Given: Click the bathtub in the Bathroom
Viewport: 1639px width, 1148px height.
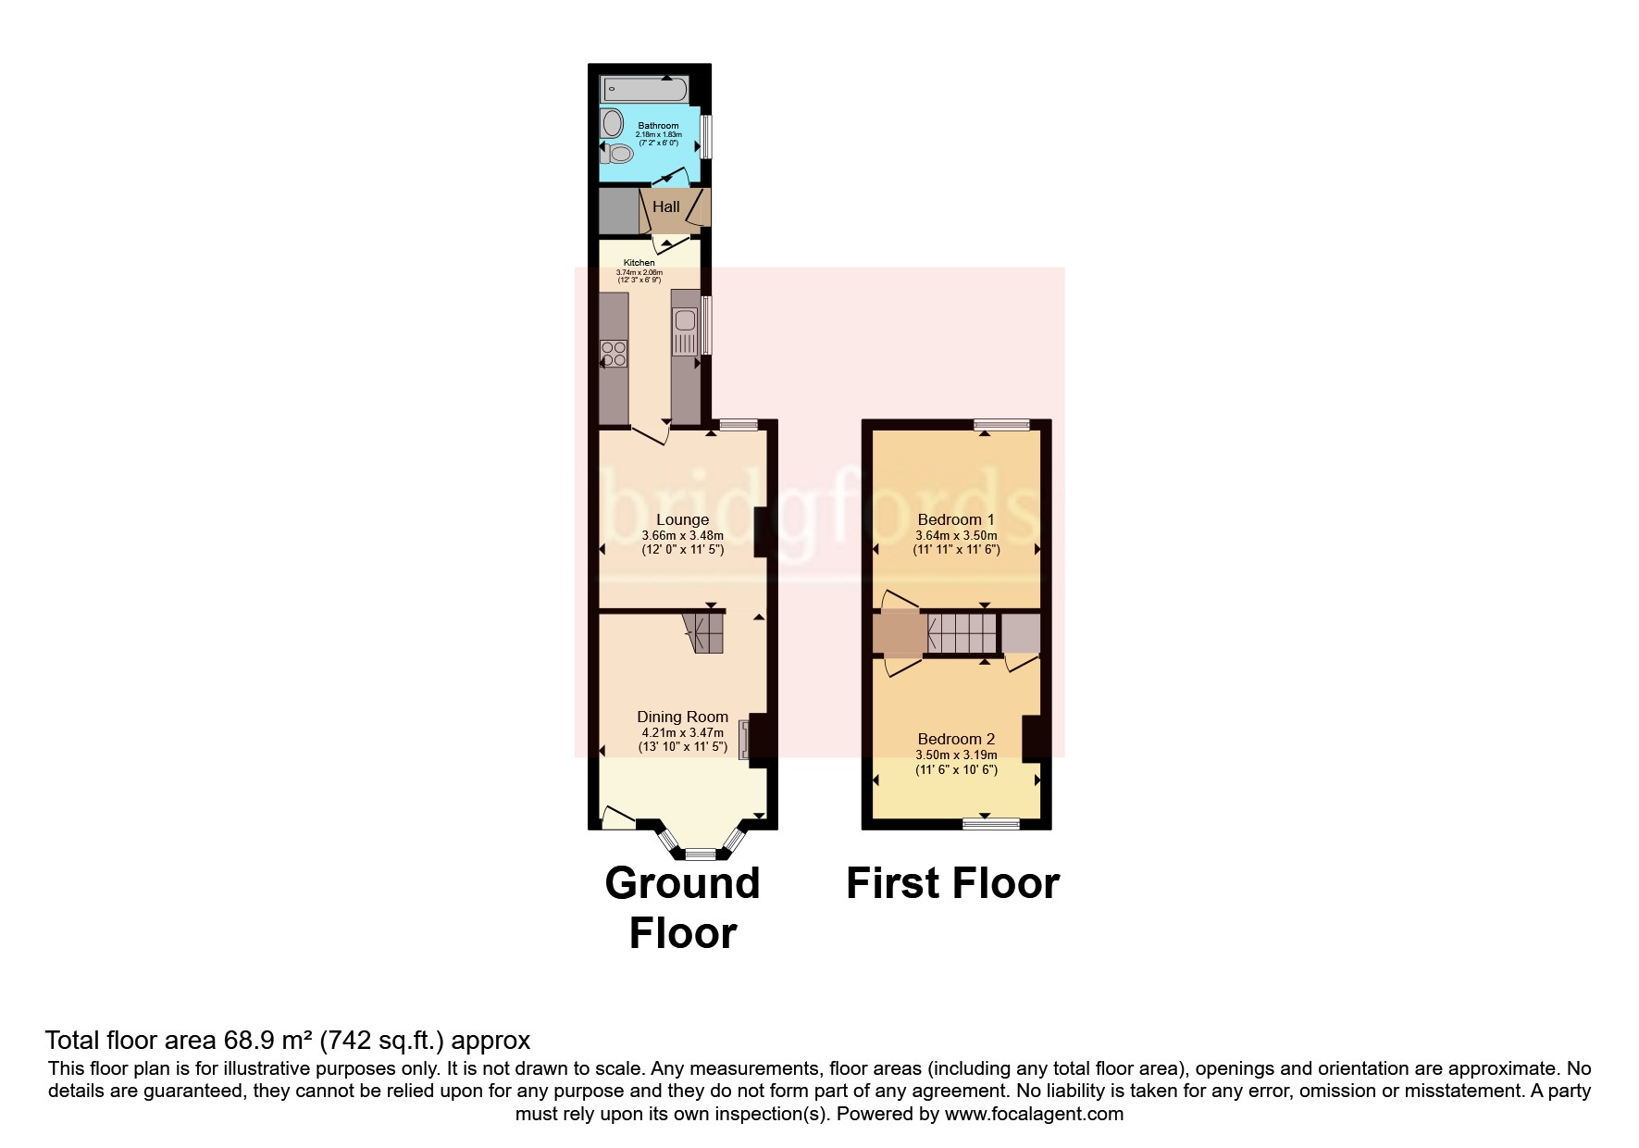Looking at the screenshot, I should (645, 90).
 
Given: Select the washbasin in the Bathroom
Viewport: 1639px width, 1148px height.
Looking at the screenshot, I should (612, 122).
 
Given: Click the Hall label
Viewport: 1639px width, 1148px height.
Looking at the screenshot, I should (666, 207).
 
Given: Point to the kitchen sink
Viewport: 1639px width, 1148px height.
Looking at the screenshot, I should (686, 321).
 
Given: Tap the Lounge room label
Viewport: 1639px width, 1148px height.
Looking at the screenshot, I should (682, 520).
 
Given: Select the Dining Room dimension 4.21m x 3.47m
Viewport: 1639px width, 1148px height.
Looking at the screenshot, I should (682, 732).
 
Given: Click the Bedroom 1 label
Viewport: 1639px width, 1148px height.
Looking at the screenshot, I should (956, 520).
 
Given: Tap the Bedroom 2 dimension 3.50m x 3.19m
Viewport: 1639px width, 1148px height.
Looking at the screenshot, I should (956, 755).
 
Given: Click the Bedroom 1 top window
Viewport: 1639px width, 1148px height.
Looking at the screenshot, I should (1001, 425).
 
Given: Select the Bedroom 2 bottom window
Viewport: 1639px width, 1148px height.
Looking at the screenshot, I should (991, 822).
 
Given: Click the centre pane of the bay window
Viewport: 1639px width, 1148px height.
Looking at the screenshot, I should (701, 854).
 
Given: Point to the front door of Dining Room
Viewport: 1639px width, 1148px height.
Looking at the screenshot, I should (617, 818).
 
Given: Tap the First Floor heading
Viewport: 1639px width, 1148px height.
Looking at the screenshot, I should (952, 883).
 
